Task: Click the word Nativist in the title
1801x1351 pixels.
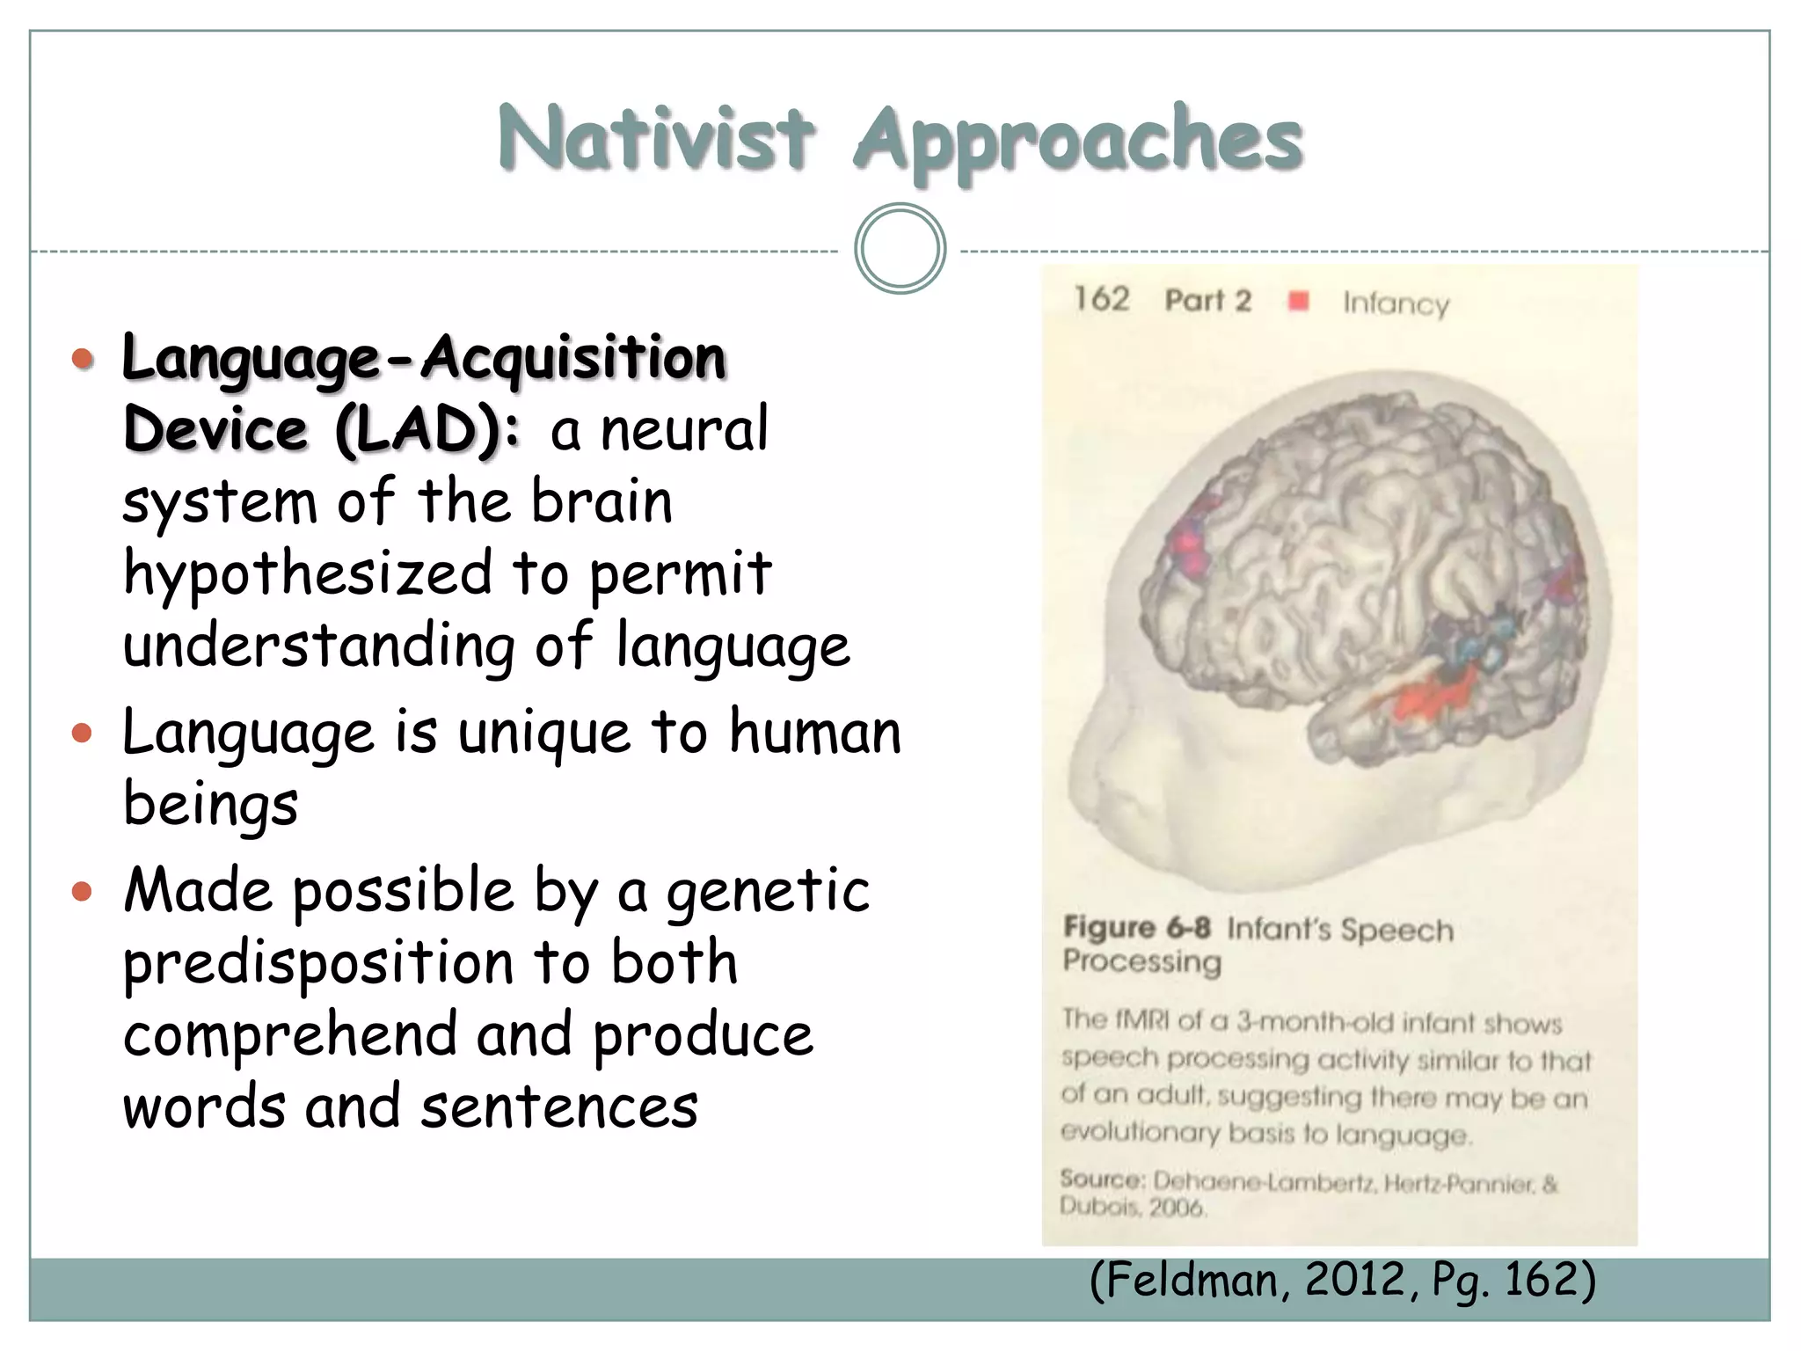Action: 655,139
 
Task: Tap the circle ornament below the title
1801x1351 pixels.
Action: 900,249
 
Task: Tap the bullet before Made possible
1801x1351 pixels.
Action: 82,892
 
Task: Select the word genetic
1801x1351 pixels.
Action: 768,892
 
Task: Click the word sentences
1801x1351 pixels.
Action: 559,1106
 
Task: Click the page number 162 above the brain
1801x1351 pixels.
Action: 1101,299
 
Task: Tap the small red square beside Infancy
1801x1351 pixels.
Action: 1298,302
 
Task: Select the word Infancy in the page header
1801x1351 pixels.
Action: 1396,303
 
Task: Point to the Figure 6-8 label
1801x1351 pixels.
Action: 1136,927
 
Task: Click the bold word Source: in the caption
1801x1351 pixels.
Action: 1102,1179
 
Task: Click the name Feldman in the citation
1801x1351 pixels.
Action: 1198,1280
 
